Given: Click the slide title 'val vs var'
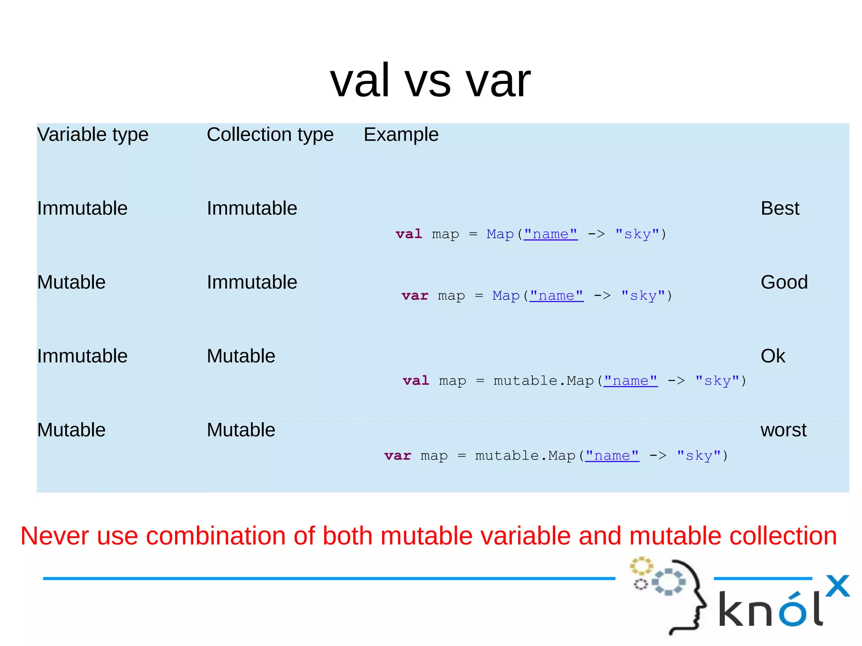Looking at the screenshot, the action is coord(430,80).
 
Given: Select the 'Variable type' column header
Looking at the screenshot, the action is coord(93,135).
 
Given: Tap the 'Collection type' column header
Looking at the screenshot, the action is coord(270,135).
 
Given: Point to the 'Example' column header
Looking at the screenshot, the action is coord(401,135).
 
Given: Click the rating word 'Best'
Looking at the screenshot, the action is coord(780,208).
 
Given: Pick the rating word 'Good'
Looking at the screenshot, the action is coord(784,282).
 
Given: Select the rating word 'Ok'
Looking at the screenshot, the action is coord(772,356).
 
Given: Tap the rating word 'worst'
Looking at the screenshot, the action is coord(783,430).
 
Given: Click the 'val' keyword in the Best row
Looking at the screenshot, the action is coord(408,234).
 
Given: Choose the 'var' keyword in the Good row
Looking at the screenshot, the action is coord(415,295).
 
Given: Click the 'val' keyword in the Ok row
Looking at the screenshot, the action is coord(416,380).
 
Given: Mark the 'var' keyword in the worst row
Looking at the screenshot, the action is coord(397,455).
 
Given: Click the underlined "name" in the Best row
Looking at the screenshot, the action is coord(551,234).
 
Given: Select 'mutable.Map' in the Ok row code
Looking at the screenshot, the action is coord(543,380).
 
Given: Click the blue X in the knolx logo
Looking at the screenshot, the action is coord(837,586).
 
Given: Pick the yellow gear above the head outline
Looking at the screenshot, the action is coord(641,566).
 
